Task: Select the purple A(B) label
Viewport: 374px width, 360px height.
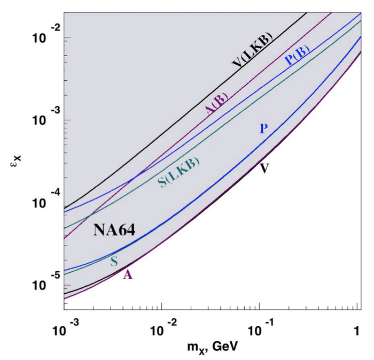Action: [x=216, y=104]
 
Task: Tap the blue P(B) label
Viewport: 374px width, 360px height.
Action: [x=298, y=56]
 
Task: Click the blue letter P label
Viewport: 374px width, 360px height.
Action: [x=263, y=129]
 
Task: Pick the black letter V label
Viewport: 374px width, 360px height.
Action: [x=264, y=168]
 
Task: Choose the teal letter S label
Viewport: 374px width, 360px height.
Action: [x=114, y=262]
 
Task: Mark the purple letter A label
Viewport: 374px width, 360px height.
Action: [x=128, y=275]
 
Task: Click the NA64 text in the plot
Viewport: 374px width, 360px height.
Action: [x=113, y=230]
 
